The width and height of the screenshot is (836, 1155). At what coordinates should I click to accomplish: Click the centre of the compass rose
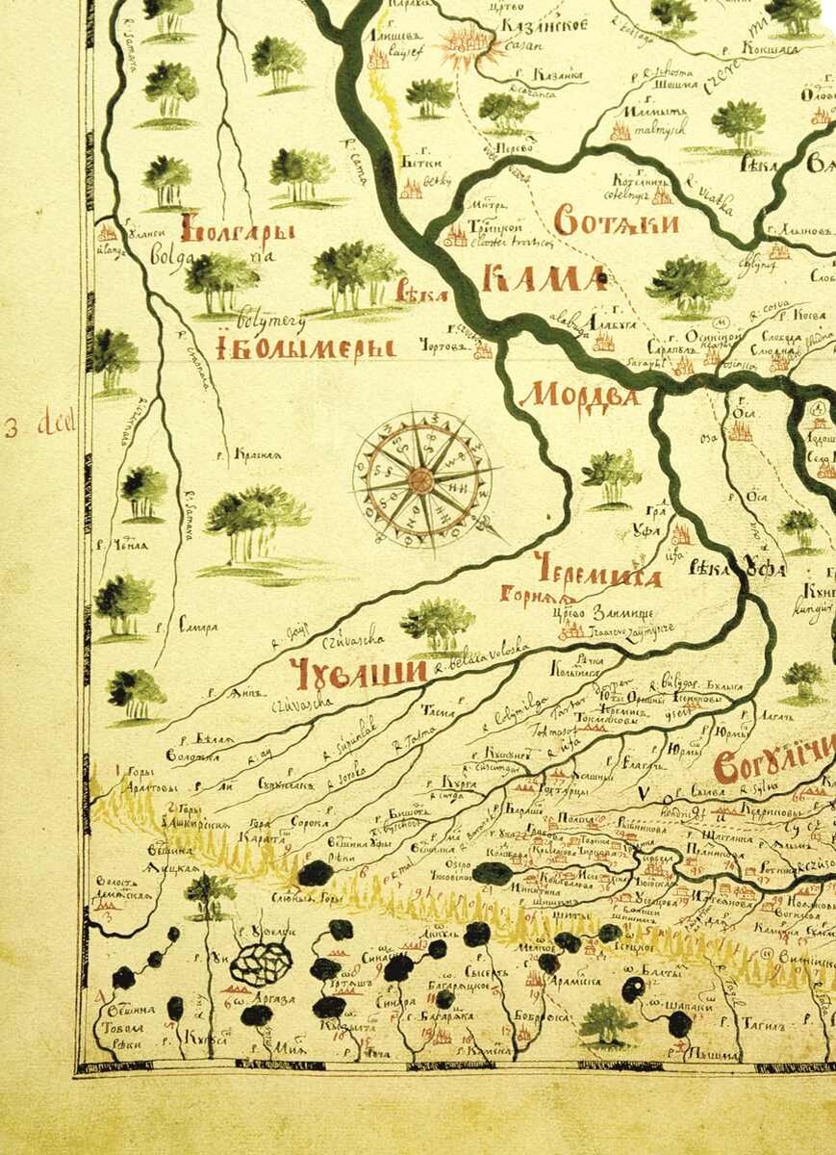click(421, 478)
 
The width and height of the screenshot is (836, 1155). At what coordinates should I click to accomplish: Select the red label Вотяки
click(617, 223)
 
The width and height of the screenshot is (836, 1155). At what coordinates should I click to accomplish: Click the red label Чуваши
click(357, 675)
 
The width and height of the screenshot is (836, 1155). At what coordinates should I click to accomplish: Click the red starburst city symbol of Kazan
click(466, 43)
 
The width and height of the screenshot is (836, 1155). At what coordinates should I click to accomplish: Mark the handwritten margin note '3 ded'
click(28, 426)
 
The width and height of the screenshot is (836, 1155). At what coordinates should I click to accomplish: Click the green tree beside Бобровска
click(607, 1020)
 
